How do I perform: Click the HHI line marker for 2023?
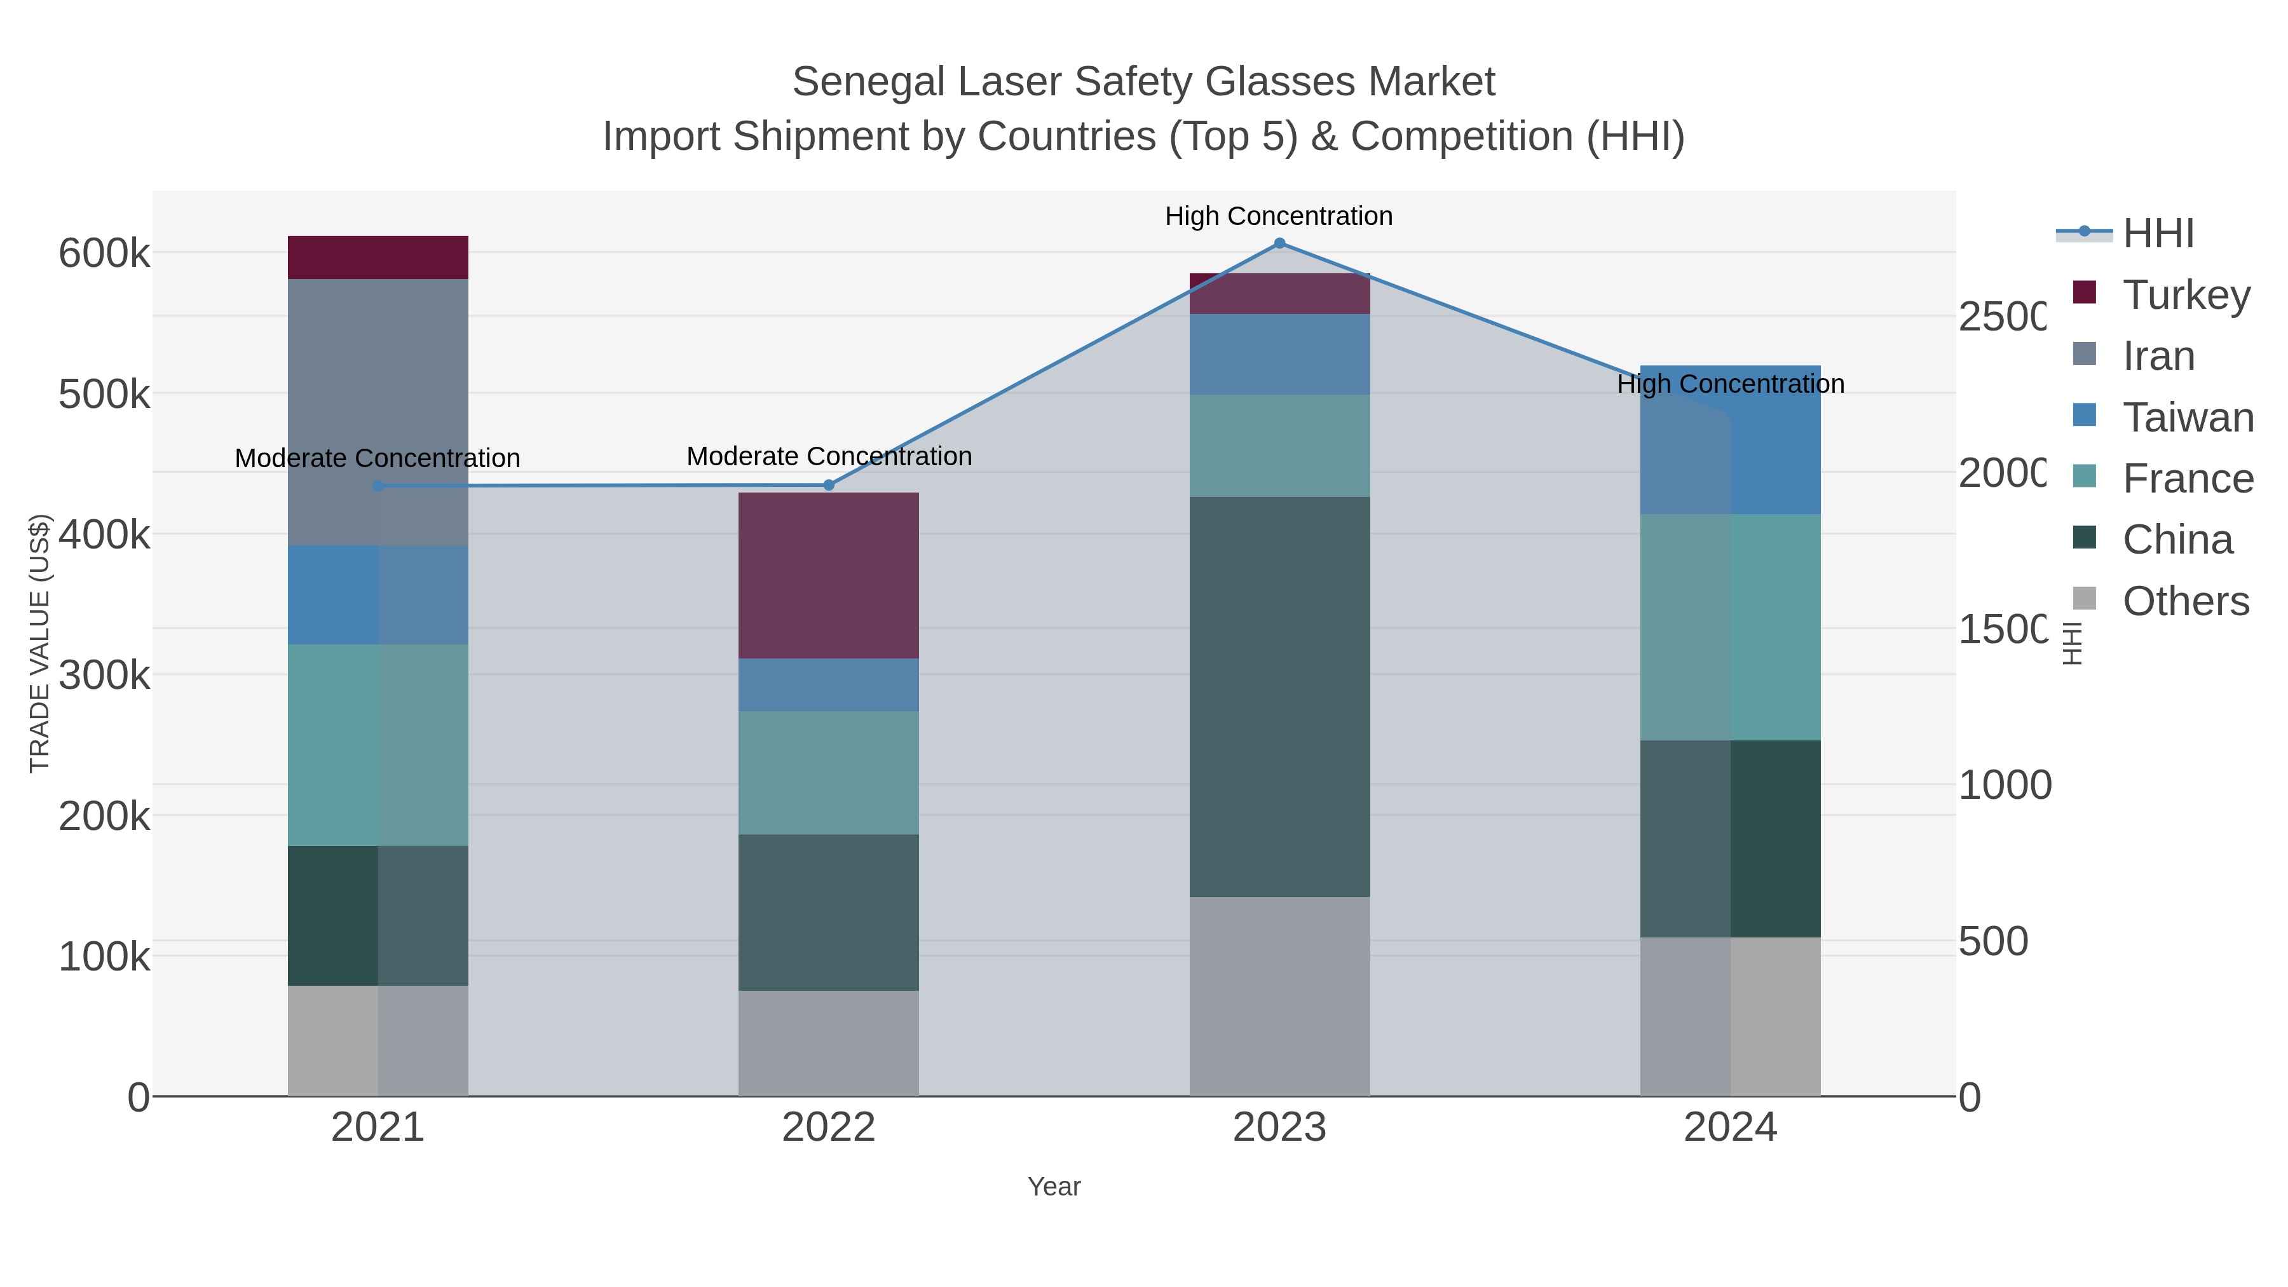1279,243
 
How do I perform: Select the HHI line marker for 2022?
829,485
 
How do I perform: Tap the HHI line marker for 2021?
378,486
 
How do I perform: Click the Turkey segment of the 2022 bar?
829,576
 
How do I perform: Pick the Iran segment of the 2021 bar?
378,412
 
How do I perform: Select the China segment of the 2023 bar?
1279,697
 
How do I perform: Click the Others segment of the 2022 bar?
829,1043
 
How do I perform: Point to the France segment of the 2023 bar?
1279,446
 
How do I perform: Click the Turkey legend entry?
2185,294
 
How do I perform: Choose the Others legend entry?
2185,601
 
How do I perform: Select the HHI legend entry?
2158,234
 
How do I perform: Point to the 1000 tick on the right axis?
2005,785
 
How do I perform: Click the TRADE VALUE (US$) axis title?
40,643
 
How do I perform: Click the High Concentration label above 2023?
1279,216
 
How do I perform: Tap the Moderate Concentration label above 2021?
378,458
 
